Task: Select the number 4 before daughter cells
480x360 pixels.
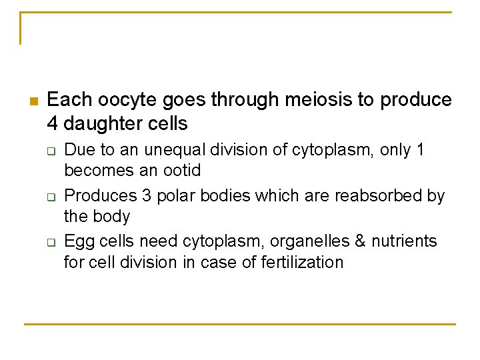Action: [x=53, y=123]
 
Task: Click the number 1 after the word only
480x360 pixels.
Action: [x=419, y=150]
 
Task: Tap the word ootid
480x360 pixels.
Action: [x=180, y=170]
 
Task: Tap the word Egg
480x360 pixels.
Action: [x=78, y=241]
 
